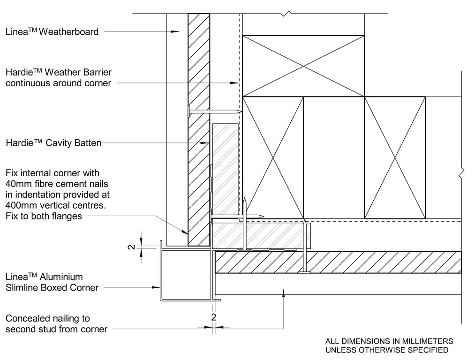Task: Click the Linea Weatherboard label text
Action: click(x=52, y=32)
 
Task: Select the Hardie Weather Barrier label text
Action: click(x=59, y=78)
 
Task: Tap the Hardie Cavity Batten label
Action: click(x=53, y=143)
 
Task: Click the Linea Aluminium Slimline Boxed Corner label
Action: click(x=52, y=282)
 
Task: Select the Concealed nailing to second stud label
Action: click(x=56, y=324)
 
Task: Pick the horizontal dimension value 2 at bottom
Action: click(x=214, y=317)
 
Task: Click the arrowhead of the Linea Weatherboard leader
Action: click(x=175, y=32)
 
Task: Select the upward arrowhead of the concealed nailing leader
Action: click(x=283, y=292)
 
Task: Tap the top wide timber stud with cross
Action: click(x=303, y=66)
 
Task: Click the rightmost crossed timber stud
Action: click(x=395, y=157)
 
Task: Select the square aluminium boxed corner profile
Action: click(x=186, y=275)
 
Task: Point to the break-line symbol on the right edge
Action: click(x=461, y=173)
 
